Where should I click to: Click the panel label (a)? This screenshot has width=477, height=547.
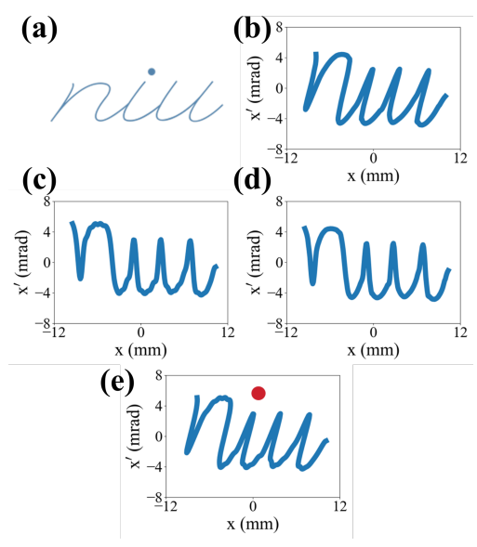(39, 31)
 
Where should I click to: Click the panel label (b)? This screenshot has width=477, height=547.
(252, 31)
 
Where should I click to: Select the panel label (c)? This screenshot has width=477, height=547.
(39, 180)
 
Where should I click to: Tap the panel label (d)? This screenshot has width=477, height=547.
(252, 180)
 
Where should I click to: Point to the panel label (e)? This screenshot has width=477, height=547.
(117, 383)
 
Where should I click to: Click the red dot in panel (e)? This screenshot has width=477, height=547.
(258, 393)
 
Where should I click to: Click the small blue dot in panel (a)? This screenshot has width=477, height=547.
(152, 72)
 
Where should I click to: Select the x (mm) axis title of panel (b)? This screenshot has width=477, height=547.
(373, 176)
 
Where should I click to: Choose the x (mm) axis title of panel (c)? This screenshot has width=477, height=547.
(140, 350)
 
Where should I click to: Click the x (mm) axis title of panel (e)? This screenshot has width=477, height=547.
(253, 524)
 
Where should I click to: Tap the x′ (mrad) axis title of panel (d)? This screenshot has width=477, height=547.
(256, 262)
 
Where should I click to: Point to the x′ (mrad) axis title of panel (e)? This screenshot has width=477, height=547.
(135, 436)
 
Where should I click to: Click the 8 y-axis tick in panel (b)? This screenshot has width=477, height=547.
(279, 27)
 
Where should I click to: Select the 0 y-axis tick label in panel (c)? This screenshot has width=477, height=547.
(46, 262)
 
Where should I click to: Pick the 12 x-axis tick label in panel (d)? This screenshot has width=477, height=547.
(460, 332)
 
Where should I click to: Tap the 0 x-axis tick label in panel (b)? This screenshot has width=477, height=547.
(373, 158)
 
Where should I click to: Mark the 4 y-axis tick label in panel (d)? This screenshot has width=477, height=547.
(279, 231)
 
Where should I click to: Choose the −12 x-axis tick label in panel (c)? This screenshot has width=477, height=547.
(53, 332)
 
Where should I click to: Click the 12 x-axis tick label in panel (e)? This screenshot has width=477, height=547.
(340, 506)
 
